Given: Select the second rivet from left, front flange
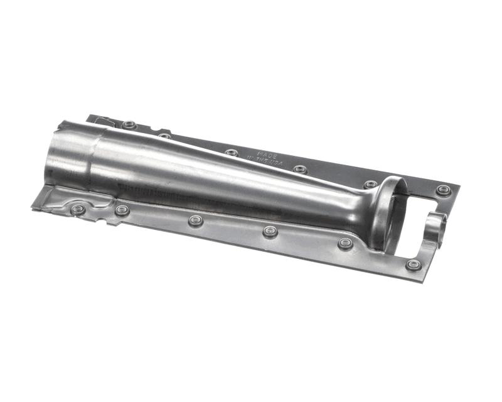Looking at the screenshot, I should pyautogui.click(x=122, y=210).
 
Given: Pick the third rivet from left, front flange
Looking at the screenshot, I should pyautogui.click(x=196, y=221).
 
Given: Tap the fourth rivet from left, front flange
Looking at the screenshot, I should pyautogui.click(x=270, y=232).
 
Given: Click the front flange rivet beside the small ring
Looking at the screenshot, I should pyautogui.click(x=413, y=264).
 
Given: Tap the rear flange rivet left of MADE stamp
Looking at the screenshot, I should pyautogui.click(x=232, y=153).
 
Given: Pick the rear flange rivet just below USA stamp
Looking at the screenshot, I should pyautogui.click(x=300, y=169).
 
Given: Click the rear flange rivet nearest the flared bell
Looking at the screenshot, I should pyautogui.click(x=370, y=185).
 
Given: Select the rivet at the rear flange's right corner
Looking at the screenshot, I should pyautogui.click(x=443, y=190).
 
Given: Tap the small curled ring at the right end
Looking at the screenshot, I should pyautogui.click(x=437, y=225).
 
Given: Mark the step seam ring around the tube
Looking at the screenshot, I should pyautogui.click(x=94, y=157).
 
